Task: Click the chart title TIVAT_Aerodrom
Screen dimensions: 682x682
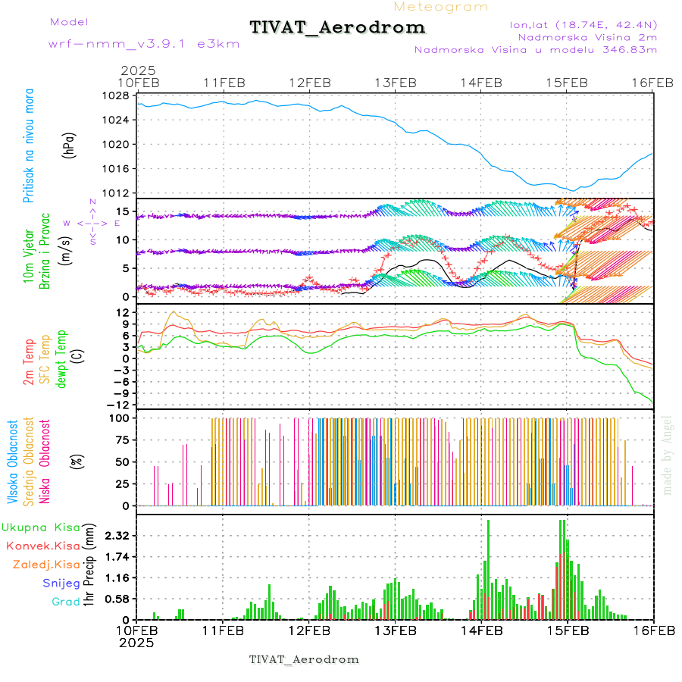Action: [337, 27]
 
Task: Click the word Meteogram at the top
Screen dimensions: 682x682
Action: [441, 7]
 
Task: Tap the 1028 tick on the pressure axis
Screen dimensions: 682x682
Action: [116, 96]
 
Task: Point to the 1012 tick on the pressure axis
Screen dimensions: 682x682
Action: [116, 192]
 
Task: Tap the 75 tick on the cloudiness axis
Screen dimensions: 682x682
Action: [122, 440]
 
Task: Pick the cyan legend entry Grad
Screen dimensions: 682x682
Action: [65, 602]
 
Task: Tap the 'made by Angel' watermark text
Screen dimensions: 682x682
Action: [668, 455]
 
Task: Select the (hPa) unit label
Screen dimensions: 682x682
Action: [69, 145]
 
